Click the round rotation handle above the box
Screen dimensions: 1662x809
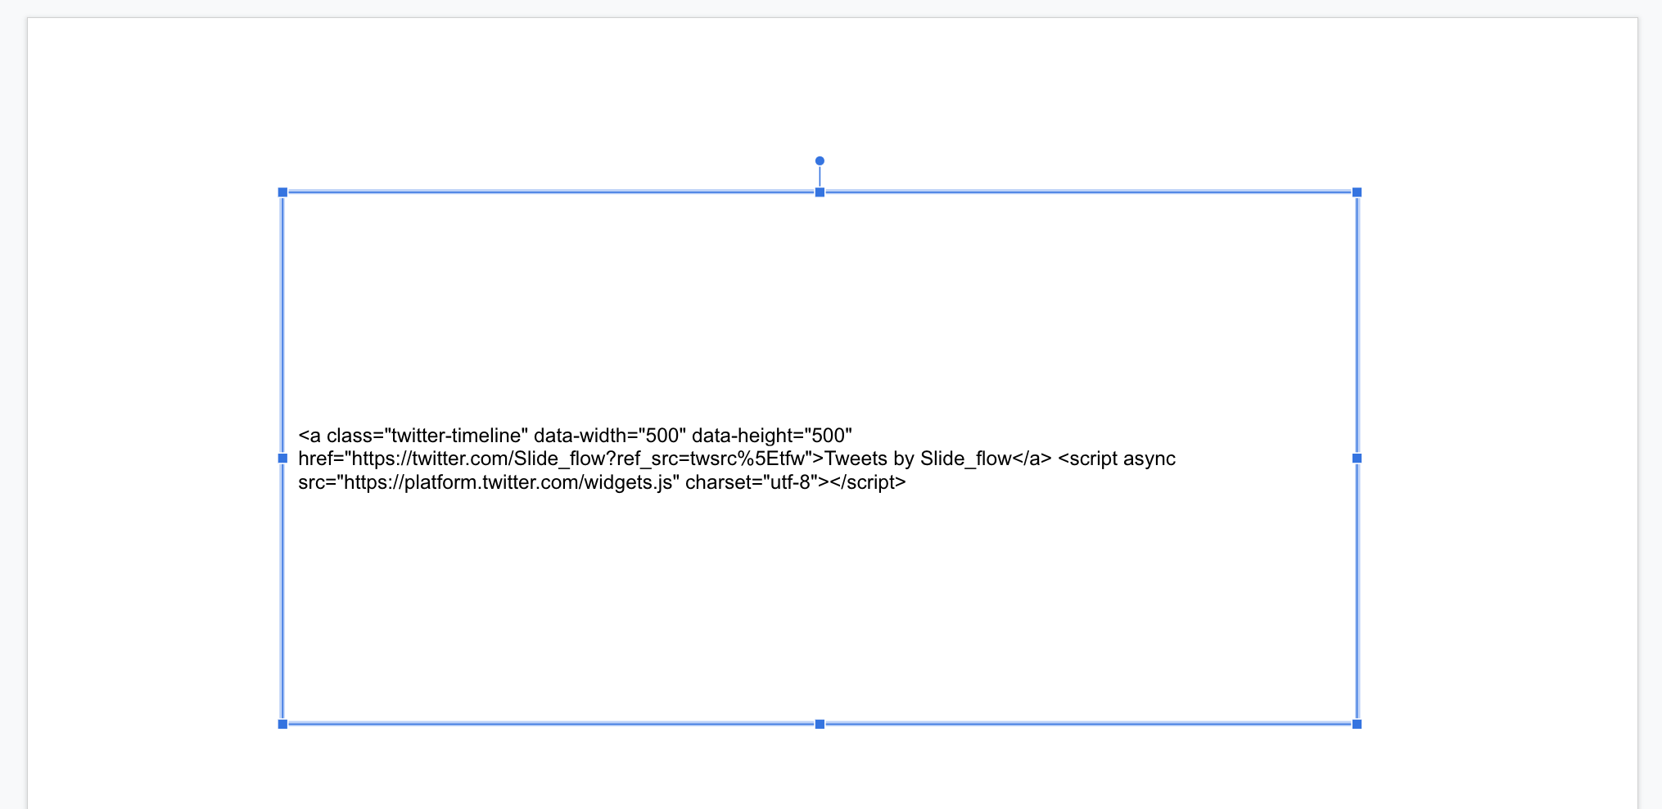pyautogui.click(x=820, y=161)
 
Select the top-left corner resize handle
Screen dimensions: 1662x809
pyautogui.click(x=282, y=192)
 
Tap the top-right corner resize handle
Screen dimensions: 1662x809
pyautogui.click(x=1357, y=192)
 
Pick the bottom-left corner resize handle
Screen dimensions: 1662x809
pyautogui.click(x=282, y=724)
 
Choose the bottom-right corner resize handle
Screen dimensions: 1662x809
pyautogui.click(x=1357, y=724)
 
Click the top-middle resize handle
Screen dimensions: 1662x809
pyautogui.click(x=820, y=192)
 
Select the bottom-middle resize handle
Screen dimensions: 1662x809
pyautogui.click(x=820, y=724)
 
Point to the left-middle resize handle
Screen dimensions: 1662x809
pyautogui.click(x=282, y=459)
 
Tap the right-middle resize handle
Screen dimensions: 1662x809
pyautogui.click(x=1357, y=459)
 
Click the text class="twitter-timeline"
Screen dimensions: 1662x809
pyautogui.click(x=427, y=436)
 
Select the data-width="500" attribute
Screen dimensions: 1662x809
pyautogui.click(x=610, y=436)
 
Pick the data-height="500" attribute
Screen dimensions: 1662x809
pyautogui.click(x=772, y=436)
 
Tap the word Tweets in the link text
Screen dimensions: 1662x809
pyautogui.click(x=856, y=459)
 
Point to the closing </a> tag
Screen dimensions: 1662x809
pyautogui.click(x=1032, y=459)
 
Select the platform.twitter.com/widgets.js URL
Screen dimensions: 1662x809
pyautogui.click(x=509, y=482)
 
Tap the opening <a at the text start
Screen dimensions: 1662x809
pyautogui.click(x=309, y=436)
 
